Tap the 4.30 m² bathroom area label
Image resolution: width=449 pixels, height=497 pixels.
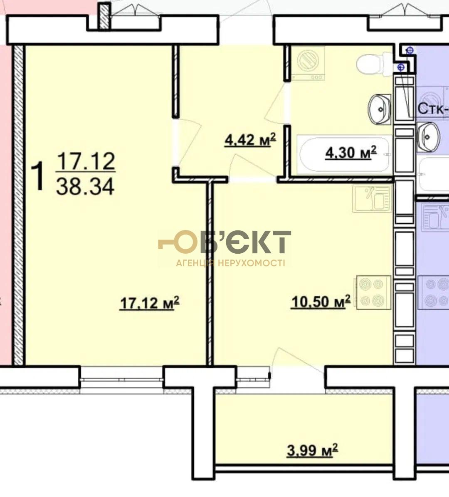tap(351, 153)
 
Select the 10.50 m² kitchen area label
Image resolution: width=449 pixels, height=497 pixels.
tap(321, 302)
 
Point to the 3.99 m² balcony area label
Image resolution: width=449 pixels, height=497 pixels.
tap(312, 450)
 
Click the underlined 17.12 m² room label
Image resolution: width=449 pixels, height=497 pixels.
tap(149, 303)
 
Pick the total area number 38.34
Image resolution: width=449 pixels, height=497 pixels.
tap(85, 187)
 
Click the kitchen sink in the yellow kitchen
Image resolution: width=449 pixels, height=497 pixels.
tap(372, 199)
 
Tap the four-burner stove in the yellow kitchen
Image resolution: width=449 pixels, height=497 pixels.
tap(374, 292)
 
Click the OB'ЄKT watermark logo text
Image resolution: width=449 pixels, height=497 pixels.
tap(224, 242)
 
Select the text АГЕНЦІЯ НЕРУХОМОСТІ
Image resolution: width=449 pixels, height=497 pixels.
tap(231, 263)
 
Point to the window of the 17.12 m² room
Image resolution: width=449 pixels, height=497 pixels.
tap(122, 377)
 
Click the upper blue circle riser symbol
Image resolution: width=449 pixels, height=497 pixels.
tap(410, 50)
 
